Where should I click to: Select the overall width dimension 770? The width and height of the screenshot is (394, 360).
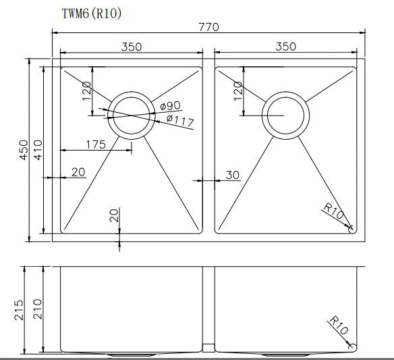pyautogui.click(x=209, y=26)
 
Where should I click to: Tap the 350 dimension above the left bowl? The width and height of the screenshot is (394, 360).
pyautogui.click(x=132, y=47)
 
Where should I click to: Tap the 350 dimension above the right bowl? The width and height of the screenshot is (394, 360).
pyautogui.click(x=286, y=47)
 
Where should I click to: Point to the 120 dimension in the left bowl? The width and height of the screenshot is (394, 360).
pyautogui.click(x=86, y=90)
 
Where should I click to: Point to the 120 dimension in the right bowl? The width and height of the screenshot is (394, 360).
pyautogui.click(x=237, y=90)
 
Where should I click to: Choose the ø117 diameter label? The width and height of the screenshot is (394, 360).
pyautogui.click(x=179, y=121)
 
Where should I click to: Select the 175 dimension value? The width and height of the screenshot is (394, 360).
pyautogui.click(x=97, y=144)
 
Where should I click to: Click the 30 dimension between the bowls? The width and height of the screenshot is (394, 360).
pyautogui.click(x=233, y=175)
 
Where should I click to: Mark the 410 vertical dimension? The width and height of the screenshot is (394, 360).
pyautogui.click(x=38, y=150)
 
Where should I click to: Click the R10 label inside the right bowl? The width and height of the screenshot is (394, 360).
pyautogui.click(x=333, y=211)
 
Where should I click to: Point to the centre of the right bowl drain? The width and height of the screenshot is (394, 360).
pyautogui.click(x=286, y=115)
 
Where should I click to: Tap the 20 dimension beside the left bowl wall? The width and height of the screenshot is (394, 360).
pyautogui.click(x=78, y=172)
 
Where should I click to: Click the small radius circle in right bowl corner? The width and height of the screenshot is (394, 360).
pyautogui.click(x=351, y=228)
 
